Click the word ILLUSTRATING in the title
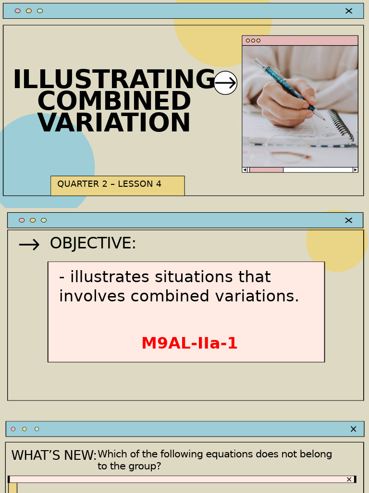(x=114, y=80)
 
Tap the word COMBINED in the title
(x=114, y=102)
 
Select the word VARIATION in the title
(x=114, y=123)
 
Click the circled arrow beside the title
(x=225, y=83)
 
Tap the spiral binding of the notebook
(x=342, y=125)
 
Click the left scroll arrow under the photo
(x=245, y=169)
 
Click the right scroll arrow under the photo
(x=355, y=169)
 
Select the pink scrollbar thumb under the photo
(x=266, y=169)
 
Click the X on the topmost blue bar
(x=349, y=11)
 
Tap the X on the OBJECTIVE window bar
(x=349, y=220)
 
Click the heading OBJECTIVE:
(x=93, y=244)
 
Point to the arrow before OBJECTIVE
(x=29, y=245)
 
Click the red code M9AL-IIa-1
(x=189, y=344)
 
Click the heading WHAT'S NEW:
(x=54, y=455)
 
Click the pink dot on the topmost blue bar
(x=18, y=11)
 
